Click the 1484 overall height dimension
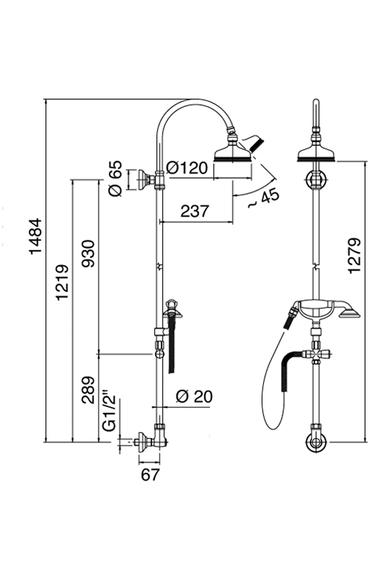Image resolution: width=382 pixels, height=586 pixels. point(36,236)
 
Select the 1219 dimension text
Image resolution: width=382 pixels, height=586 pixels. point(62,282)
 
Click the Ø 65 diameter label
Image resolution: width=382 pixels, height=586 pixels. point(115,178)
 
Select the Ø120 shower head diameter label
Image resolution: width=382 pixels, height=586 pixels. point(187,168)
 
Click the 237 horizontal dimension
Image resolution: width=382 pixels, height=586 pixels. point(196,211)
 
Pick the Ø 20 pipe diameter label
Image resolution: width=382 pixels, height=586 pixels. point(194,396)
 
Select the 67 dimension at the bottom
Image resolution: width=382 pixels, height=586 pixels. point(150,474)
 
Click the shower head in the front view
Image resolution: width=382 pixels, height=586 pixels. point(317,153)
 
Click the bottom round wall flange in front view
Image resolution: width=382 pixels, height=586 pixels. point(316,443)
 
